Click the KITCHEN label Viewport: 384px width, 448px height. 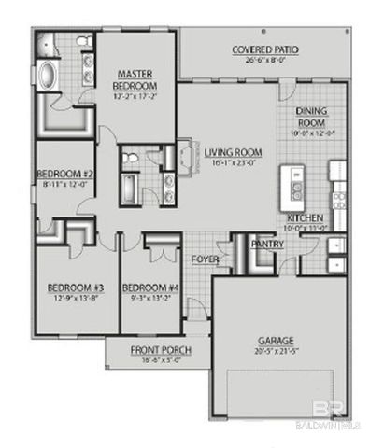tap(306, 217)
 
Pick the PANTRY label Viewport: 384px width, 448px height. tap(268, 245)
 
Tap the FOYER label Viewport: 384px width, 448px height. tap(205, 259)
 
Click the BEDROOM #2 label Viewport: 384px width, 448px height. tap(62, 174)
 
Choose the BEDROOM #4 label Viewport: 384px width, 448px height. tap(150, 287)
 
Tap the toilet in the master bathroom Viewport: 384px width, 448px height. tap(82, 43)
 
